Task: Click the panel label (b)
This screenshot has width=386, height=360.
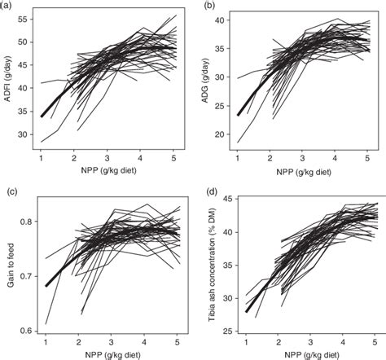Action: (207, 6)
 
